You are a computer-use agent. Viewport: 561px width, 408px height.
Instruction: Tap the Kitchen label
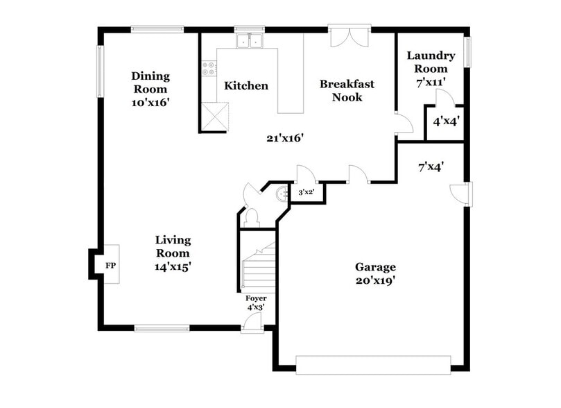point(245,86)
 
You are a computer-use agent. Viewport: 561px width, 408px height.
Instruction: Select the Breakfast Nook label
point(347,90)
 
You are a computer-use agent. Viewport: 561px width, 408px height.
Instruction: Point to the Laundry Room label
point(431,68)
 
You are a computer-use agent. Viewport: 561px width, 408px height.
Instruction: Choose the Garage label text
point(375,273)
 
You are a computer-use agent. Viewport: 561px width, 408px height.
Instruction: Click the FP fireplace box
point(110,265)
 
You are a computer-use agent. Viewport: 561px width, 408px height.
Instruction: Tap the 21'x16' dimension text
point(285,137)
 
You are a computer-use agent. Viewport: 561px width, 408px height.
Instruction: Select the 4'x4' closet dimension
point(447,121)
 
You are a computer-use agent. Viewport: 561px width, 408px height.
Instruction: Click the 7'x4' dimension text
point(431,166)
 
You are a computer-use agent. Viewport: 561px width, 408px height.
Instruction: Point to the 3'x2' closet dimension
point(305,192)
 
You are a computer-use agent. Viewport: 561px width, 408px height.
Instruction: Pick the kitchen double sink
point(250,42)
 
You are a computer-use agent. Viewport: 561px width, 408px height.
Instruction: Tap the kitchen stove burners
point(208,68)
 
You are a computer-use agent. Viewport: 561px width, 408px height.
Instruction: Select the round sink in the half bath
point(282,194)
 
